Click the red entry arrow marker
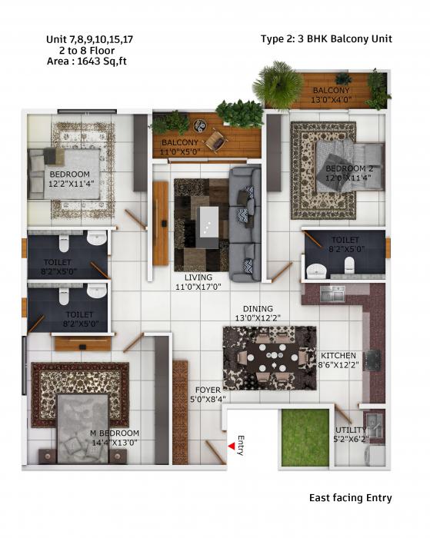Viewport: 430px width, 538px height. (x=232, y=446)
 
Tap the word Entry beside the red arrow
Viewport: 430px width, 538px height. (x=241, y=444)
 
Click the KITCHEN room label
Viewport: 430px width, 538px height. (x=338, y=355)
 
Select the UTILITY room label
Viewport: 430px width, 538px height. (x=350, y=430)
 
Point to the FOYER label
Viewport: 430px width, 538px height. (x=208, y=390)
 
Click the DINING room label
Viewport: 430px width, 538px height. (x=258, y=307)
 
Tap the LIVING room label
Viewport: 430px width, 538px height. (x=198, y=277)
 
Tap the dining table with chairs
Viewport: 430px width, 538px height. (x=269, y=357)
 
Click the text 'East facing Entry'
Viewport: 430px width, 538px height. (x=350, y=498)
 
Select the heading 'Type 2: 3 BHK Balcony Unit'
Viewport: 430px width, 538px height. (x=326, y=38)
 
